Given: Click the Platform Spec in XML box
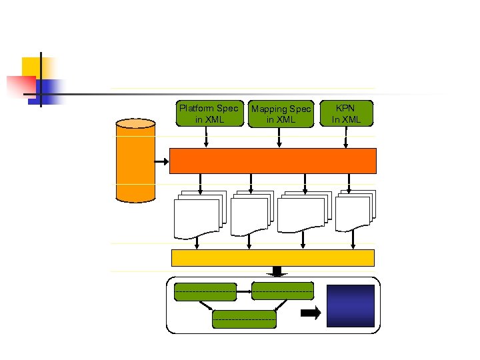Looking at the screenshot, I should (209, 113).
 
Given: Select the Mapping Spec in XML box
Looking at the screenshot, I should (280, 114).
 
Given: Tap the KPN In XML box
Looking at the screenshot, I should (347, 113).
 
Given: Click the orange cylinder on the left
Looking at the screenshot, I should (135, 160).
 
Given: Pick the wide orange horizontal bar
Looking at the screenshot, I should (273, 161).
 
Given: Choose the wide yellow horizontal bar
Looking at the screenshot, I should (273, 258).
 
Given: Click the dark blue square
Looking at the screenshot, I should (350, 305).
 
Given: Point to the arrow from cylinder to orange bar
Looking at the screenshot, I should (162, 161).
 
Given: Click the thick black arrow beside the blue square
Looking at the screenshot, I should (310, 313).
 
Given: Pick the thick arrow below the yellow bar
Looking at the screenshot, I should (277, 271).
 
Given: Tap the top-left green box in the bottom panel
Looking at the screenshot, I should (205, 292).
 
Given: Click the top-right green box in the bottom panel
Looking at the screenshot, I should (283, 291).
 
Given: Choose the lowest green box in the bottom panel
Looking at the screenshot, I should (244, 319).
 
